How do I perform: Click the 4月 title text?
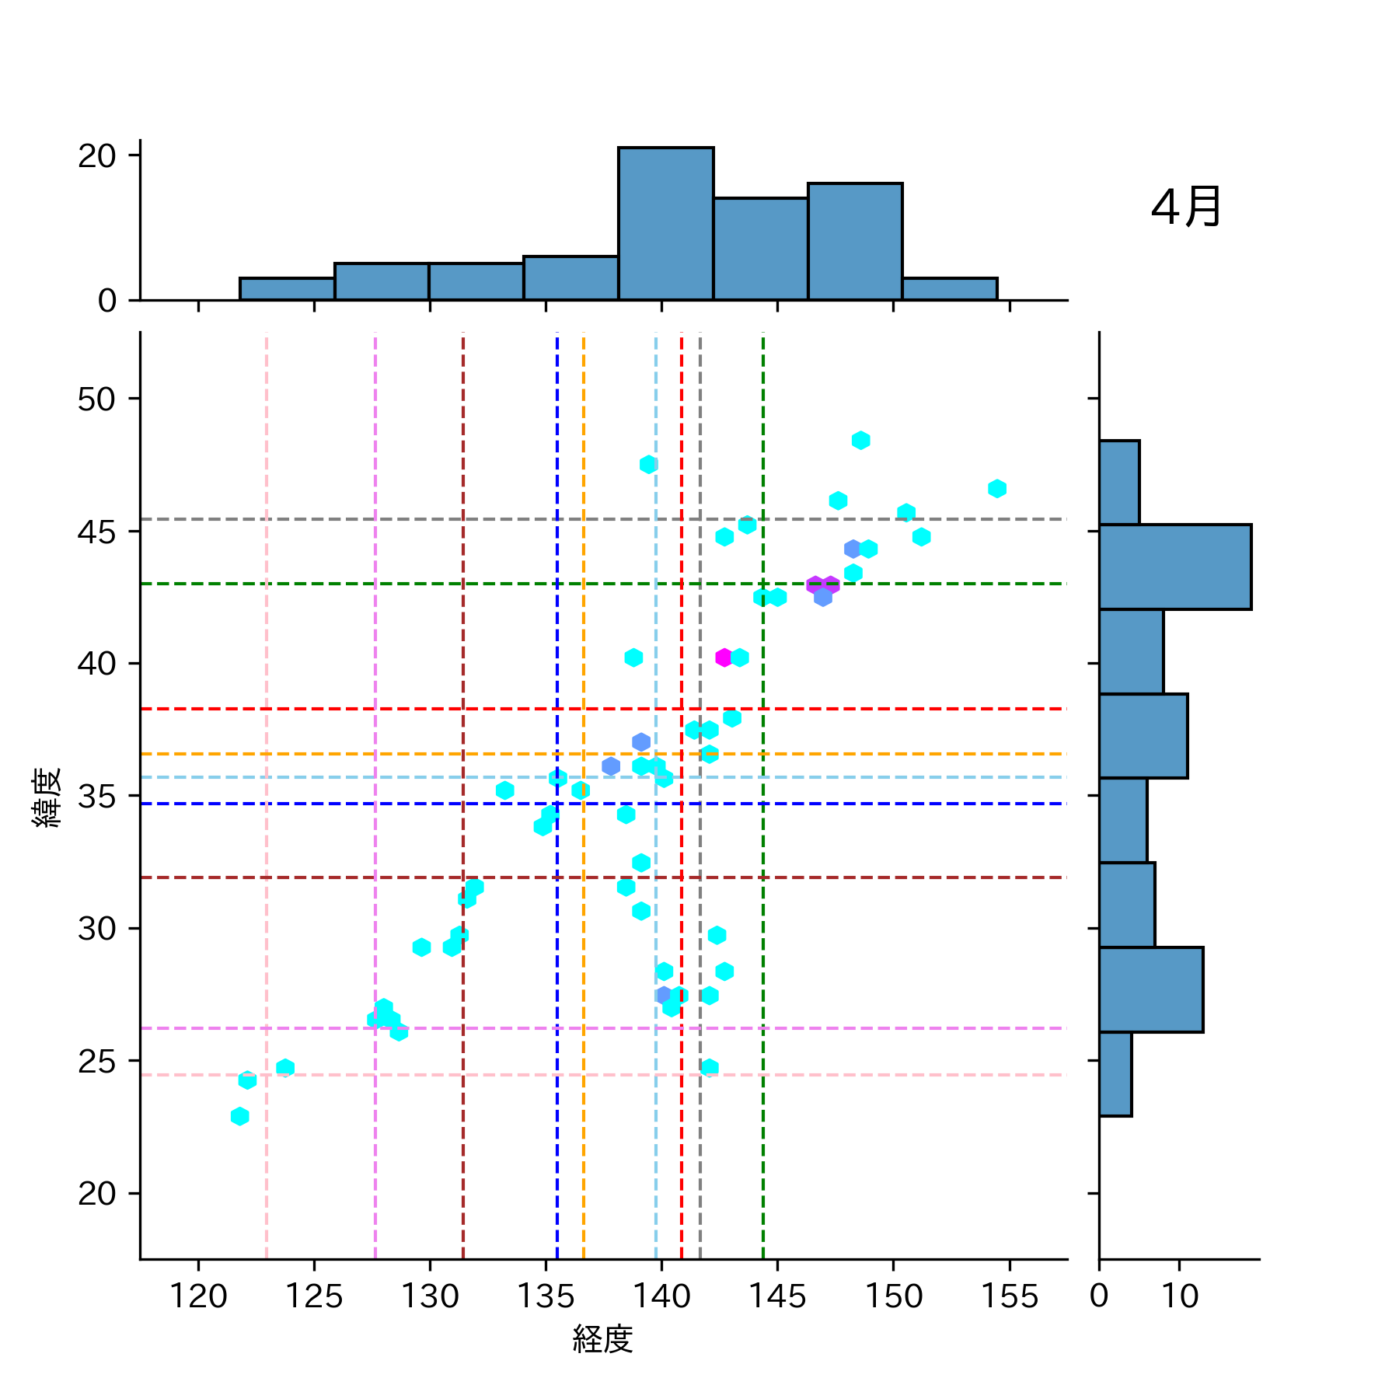coord(1185,208)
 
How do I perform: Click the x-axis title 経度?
coord(602,1339)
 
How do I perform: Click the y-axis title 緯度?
coord(47,797)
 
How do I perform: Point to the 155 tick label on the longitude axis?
coord(1010,1296)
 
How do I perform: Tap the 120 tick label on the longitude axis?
coord(198,1296)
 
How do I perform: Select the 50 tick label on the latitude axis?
coord(96,399)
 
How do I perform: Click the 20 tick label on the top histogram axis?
coord(96,156)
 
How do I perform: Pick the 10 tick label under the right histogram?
coord(1180,1296)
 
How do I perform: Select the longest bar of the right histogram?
coord(1174,567)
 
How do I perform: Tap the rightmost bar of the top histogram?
coord(950,289)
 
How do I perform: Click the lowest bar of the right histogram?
coord(1115,1074)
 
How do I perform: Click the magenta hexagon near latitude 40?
coord(724,658)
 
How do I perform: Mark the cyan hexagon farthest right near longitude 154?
coord(997,488)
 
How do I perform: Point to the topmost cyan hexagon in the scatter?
coord(860,441)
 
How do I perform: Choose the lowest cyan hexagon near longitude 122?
coord(240,1116)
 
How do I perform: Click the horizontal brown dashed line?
coord(311,877)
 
